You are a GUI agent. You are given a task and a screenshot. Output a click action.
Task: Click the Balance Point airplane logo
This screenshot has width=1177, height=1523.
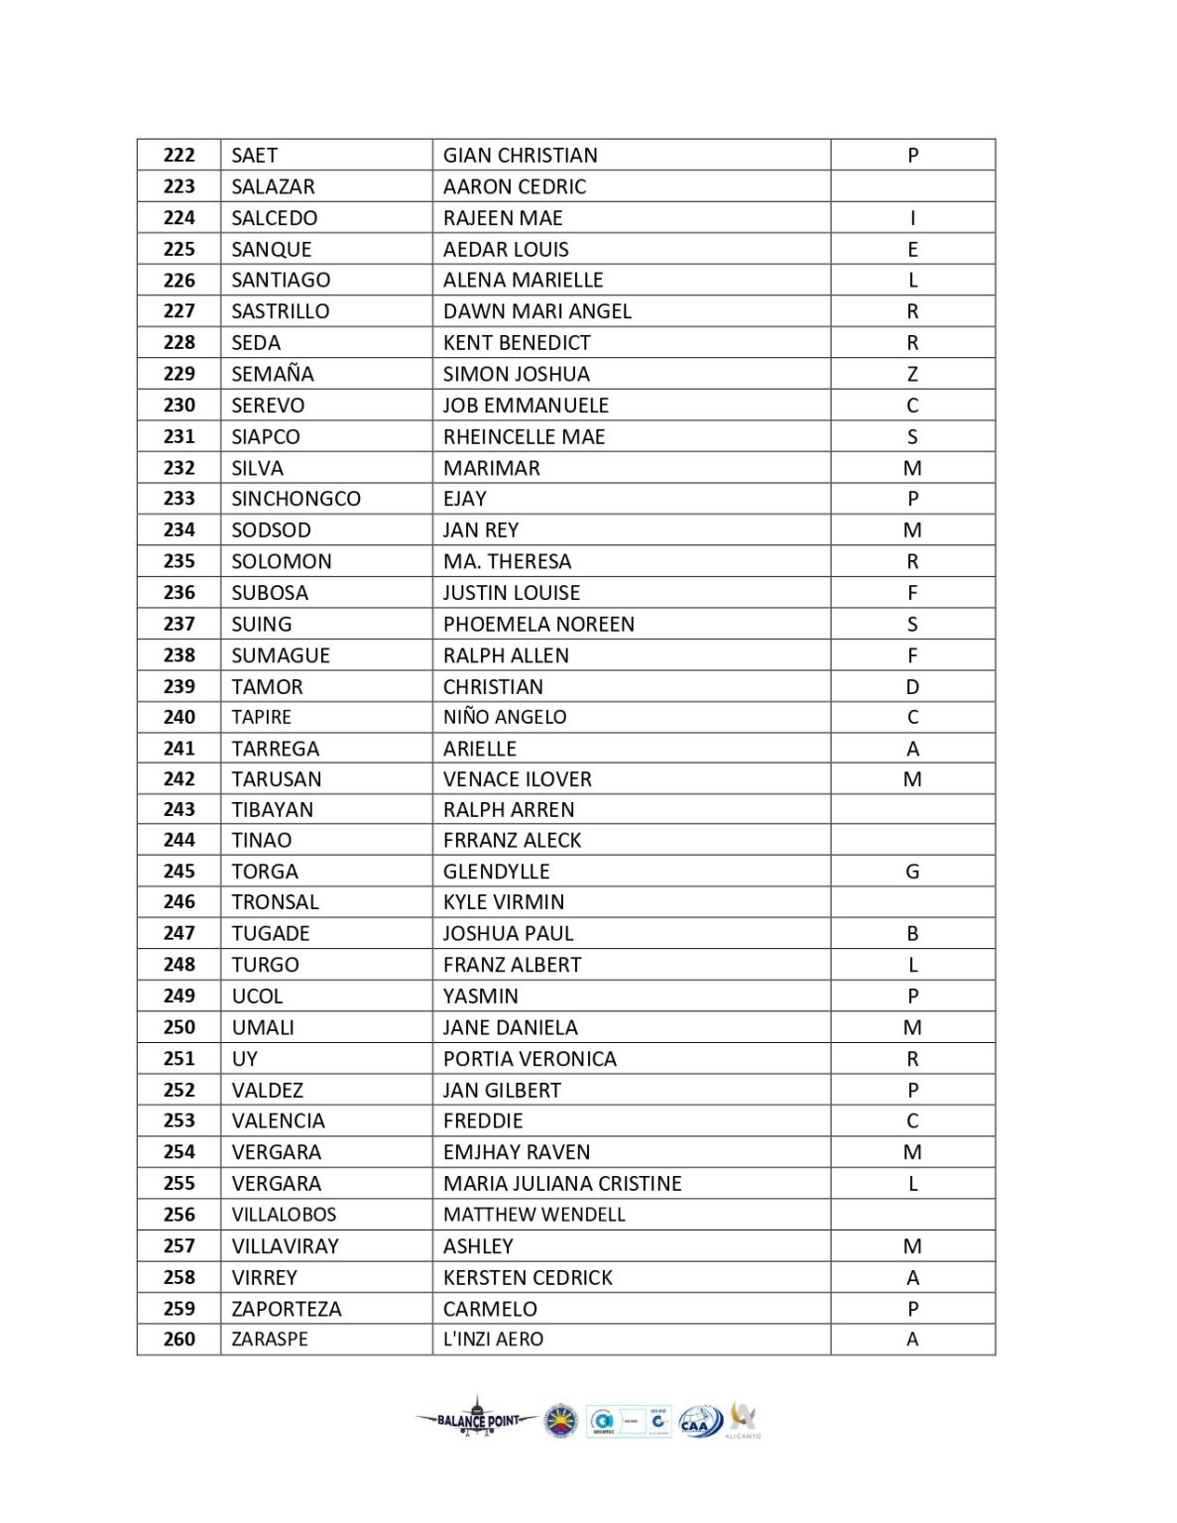[477, 1419]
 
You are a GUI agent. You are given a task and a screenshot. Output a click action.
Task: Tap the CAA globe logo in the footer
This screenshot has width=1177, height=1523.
[699, 1423]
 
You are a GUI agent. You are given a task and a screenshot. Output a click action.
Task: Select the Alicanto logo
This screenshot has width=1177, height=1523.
[743, 1419]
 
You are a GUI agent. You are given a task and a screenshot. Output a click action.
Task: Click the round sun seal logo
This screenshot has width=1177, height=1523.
[561, 1421]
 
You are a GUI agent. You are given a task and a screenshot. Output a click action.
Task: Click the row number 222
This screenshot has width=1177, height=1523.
[179, 156]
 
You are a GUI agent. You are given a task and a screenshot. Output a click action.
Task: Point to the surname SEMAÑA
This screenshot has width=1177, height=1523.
[273, 374]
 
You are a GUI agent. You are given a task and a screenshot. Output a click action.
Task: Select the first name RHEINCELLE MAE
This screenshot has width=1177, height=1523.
[524, 436]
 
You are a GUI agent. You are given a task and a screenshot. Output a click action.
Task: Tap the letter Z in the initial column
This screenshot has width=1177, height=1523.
[912, 374]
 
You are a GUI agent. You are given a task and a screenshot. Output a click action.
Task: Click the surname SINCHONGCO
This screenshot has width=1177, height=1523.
[295, 499]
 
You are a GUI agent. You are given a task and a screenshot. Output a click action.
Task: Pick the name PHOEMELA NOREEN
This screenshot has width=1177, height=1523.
[538, 624]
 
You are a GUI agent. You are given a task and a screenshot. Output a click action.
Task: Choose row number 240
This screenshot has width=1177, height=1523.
[179, 717]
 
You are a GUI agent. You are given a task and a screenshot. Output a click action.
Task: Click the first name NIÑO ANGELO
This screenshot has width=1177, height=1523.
[505, 717]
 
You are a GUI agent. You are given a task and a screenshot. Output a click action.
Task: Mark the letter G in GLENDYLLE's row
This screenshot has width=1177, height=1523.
[912, 872]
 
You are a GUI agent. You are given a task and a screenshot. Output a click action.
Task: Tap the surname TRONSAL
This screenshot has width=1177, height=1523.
[275, 902]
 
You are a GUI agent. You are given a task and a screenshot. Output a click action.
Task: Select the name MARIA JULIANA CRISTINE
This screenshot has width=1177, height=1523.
[562, 1183]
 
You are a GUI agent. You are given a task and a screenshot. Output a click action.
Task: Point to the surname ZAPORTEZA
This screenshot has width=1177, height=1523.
[287, 1309]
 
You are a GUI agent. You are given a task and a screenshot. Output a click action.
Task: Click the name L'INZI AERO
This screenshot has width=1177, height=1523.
[493, 1340]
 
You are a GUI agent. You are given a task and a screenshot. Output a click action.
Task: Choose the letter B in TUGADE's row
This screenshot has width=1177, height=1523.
[912, 933]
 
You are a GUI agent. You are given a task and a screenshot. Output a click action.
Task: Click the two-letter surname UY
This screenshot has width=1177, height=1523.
[244, 1059]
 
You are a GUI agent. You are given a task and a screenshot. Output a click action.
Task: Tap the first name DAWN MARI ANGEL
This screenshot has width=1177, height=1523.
[536, 311]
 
